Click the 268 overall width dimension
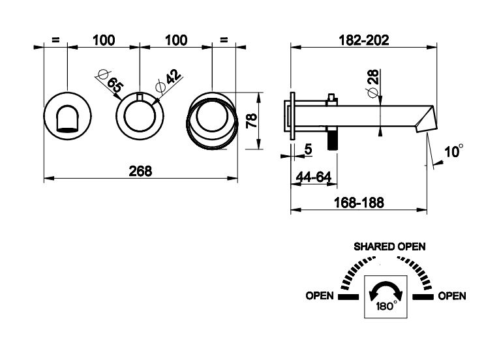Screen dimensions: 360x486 [140, 171]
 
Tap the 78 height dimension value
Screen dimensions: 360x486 [252, 120]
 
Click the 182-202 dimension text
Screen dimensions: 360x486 [365, 40]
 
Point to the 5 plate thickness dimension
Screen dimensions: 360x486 [308, 149]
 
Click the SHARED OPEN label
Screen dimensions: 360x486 [389, 247]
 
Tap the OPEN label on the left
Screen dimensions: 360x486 [320, 296]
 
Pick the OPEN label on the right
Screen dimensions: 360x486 [451, 296]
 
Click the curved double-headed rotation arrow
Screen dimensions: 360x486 [385, 289]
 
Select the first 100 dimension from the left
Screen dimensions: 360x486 [104, 40]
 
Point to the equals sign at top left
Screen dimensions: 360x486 [55, 40]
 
